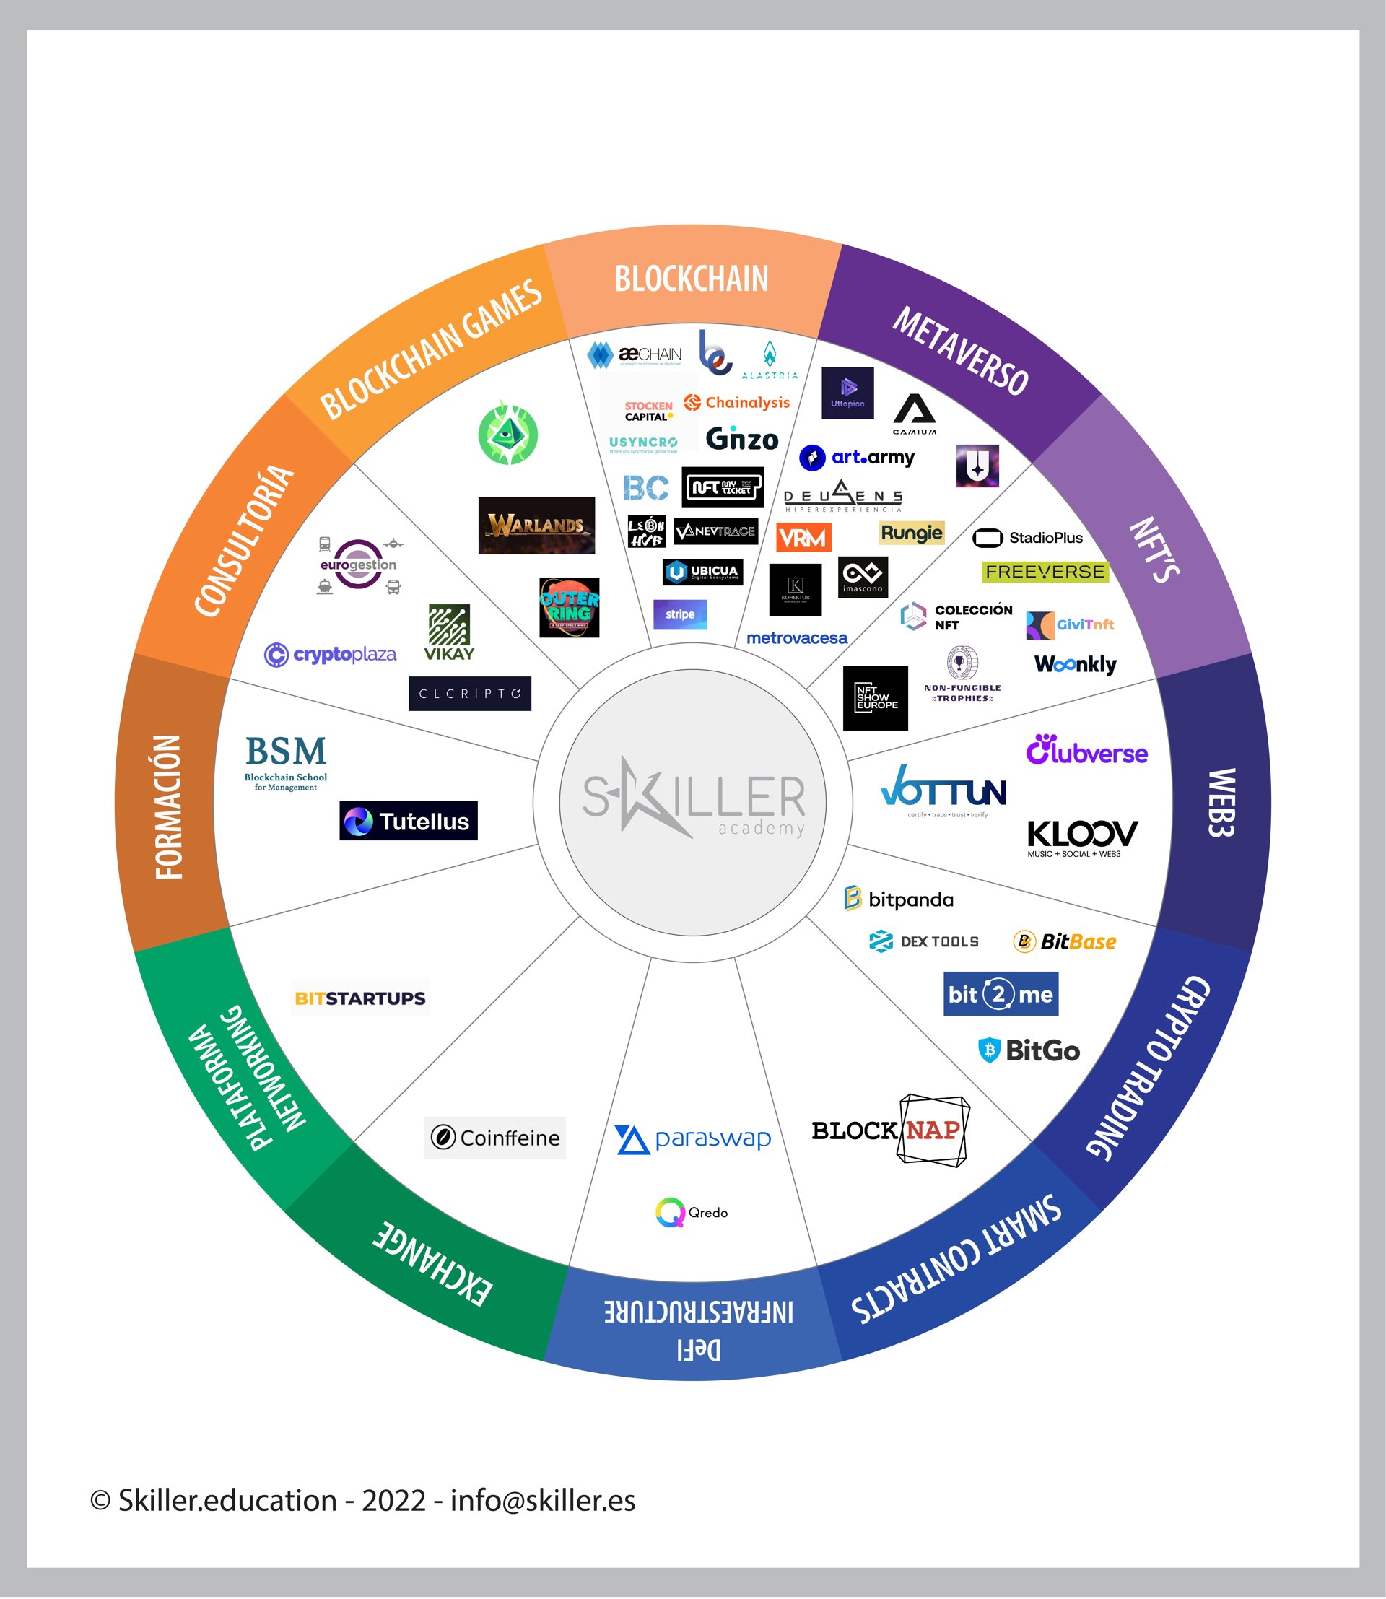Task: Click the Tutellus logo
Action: (409, 821)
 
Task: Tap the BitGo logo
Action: (1029, 1050)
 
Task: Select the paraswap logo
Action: (693, 1138)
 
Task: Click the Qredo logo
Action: (692, 1212)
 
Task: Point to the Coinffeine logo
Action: (495, 1138)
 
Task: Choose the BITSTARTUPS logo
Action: (360, 998)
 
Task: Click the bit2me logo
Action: (1000, 994)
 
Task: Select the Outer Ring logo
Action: (570, 607)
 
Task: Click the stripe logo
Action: (680, 614)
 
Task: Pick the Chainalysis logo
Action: (737, 402)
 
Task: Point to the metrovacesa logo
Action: (797, 638)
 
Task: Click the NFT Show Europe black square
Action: (876, 698)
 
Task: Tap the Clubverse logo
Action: (1086, 749)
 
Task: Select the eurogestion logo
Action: (358, 565)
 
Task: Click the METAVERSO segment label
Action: (960, 352)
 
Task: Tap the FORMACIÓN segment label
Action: (169, 806)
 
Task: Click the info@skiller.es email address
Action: (542, 1501)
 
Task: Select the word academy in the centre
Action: (761, 829)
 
